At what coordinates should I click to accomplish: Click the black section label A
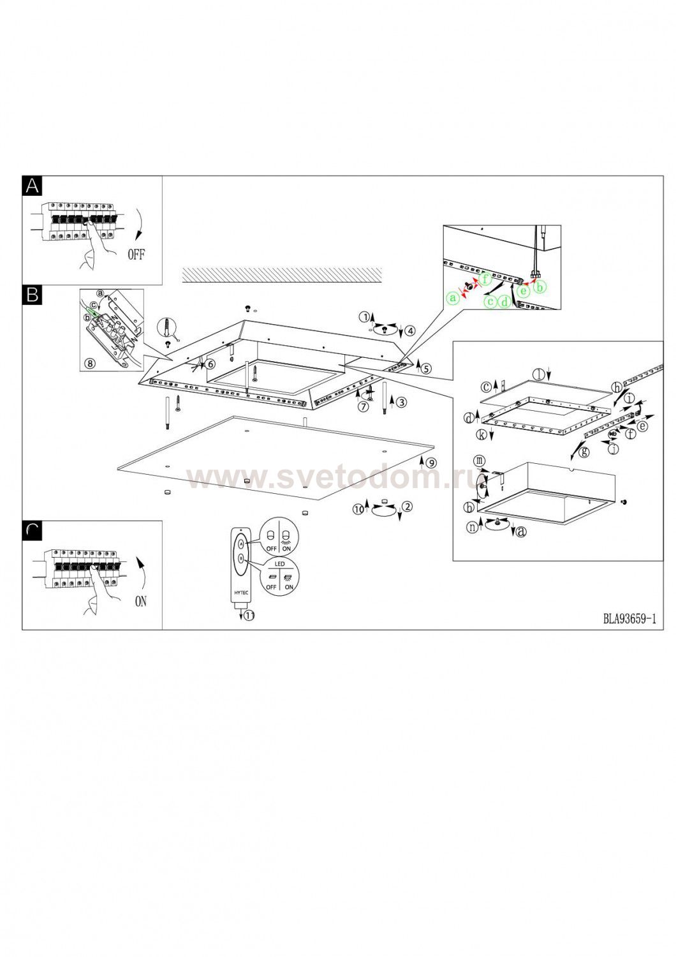point(32,186)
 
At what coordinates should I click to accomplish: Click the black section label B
point(32,295)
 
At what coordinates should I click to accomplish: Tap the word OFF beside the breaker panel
point(136,255)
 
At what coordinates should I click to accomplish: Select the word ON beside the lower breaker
point(140,602)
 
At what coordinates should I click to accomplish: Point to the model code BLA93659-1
point(629,619)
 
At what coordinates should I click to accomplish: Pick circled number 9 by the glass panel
point(431,463)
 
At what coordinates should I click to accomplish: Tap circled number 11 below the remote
point(249,616)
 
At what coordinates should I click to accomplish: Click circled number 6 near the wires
point(210,364)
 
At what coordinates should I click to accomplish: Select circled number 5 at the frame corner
point(426,368)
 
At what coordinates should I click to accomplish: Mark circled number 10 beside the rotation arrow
point(358,509)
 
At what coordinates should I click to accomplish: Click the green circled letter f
point(485,280)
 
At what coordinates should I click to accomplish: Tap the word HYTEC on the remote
point(241,593)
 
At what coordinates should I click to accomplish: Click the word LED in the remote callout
point(280,564)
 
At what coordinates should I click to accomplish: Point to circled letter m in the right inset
point(479,461)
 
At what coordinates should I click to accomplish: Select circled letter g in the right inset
point(585,452)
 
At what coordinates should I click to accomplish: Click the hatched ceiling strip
point(282,274)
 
